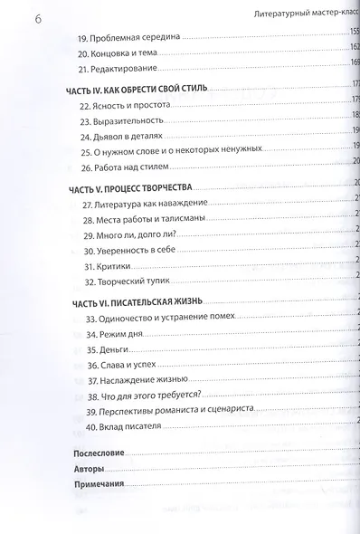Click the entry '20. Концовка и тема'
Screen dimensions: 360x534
tap(122, 53)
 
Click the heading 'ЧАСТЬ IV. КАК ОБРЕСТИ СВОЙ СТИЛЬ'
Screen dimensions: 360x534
tap(137, 91)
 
